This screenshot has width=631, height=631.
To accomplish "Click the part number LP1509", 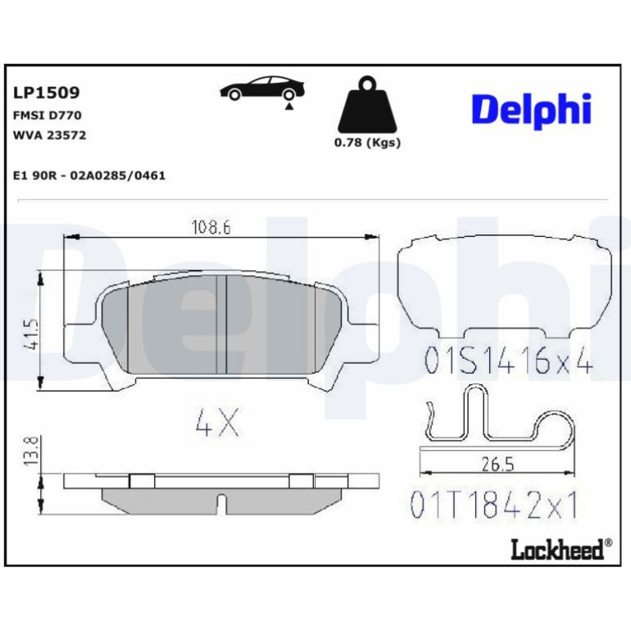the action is tap(47, 93).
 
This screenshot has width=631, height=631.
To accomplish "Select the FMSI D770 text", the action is tap(48, 116).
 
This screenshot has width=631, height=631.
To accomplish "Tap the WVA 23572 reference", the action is tap(49, 135).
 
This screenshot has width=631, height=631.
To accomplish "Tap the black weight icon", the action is tap(367, 106).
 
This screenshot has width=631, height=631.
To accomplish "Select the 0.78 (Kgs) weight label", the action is tap(367, 143).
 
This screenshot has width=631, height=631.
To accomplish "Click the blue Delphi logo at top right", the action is tap(532, 110).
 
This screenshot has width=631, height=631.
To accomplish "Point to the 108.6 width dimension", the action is tap(211, 228).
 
